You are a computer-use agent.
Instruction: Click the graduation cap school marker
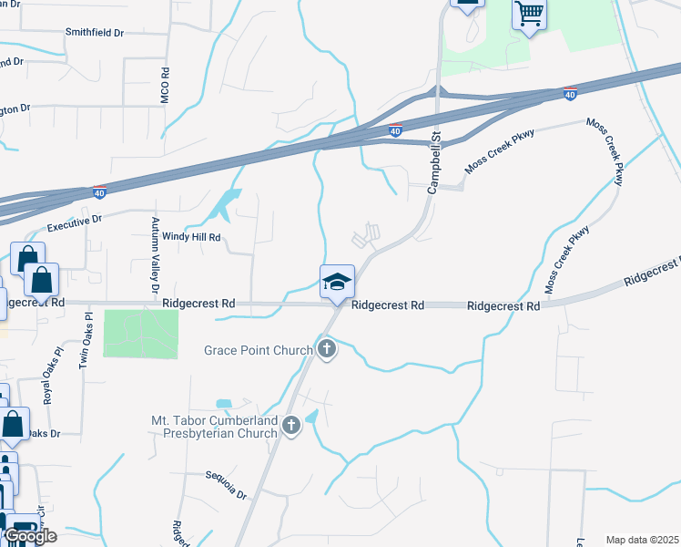pos(337,282)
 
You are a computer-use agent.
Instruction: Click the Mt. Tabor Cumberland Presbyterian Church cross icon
pos(291,425)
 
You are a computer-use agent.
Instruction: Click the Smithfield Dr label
pos(94,32)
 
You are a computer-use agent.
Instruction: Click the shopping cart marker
pos(528,14)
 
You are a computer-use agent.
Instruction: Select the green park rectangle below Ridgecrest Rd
pos(141,334)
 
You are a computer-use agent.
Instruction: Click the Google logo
pos(29,536)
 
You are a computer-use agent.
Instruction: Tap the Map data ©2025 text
pos(642,540)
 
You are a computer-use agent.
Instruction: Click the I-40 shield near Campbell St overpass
pos(395,130)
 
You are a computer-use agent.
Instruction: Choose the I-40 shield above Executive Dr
pos(99,192)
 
